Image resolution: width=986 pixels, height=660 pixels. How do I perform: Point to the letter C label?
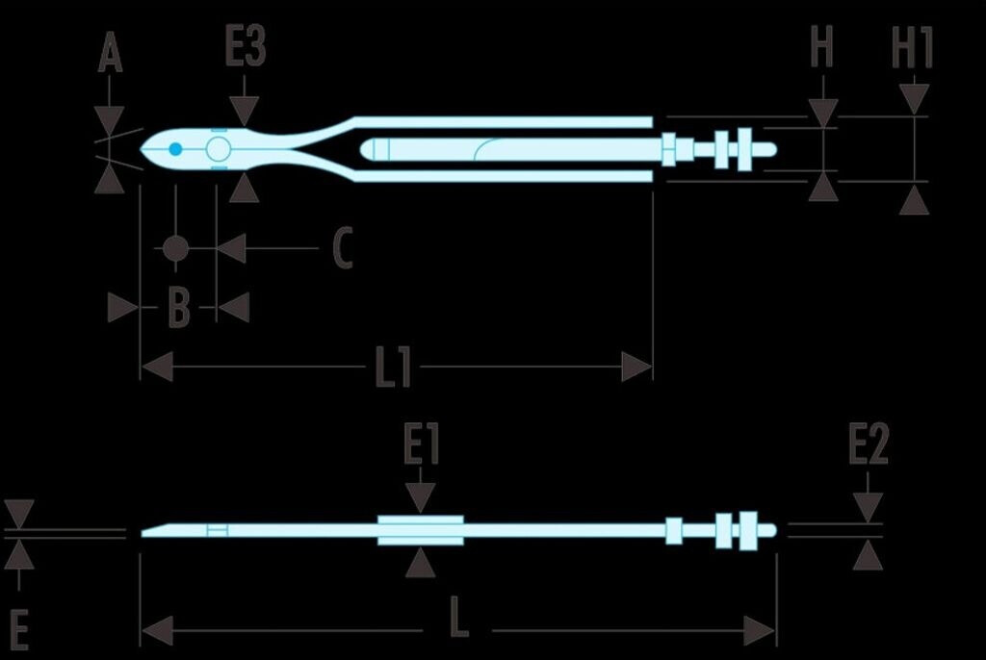point(342,248)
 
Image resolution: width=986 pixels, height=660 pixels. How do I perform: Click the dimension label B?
point(179,309)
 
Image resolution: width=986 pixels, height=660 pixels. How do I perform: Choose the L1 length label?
point(393,367)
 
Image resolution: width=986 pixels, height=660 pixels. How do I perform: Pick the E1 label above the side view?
point(421,447)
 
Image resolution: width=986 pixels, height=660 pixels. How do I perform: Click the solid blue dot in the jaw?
point(175,149)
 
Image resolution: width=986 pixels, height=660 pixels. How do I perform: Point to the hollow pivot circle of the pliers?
point(219,149)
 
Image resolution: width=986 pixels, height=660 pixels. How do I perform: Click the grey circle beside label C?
point(174,248)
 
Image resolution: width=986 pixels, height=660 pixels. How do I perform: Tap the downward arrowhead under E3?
point(246,113)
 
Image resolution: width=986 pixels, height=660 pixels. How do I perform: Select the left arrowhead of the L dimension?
point(157,631)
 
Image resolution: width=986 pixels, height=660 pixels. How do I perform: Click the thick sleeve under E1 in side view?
point(420,530)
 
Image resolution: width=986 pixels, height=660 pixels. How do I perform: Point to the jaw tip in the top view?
point(144,150)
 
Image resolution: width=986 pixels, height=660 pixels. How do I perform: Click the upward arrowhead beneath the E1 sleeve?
point(420,562)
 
